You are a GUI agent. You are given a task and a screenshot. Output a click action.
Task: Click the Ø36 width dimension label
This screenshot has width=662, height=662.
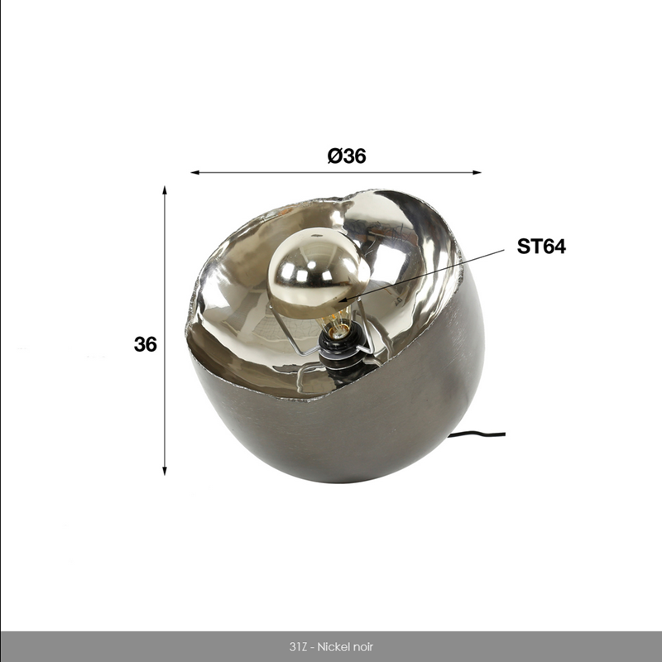(347, 156)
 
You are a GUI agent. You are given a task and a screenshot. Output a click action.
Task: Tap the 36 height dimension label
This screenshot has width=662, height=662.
(145, 345)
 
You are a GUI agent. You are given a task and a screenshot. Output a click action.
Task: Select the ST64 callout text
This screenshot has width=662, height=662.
(541, 246)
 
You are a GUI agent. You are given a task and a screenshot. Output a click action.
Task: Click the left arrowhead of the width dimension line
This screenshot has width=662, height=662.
(194, 172)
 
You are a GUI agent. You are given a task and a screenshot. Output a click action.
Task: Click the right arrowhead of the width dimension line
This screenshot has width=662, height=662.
(477, 172)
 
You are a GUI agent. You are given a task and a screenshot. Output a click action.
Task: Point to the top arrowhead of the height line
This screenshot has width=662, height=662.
(165, 189)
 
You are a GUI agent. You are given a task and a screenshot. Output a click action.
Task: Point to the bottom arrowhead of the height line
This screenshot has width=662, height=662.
(165, 471)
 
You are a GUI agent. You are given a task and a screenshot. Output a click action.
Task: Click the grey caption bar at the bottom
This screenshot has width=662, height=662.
(124, 646)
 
